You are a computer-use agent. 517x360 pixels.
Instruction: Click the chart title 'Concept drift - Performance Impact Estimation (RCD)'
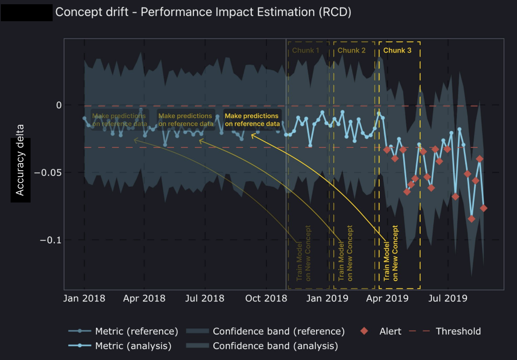click(203, 12)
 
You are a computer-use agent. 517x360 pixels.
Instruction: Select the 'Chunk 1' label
click(306, 50)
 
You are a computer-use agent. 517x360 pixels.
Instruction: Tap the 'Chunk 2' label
click(351, 50)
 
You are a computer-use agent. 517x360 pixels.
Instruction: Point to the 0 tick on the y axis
click(59, 105)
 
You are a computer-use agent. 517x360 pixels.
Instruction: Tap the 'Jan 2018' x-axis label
click(84, 298)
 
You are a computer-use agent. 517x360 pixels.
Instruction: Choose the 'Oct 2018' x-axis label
click(266, 298)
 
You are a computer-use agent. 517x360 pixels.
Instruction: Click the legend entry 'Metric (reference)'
click(136, 331)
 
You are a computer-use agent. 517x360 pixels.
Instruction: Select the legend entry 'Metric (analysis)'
click(133, 346)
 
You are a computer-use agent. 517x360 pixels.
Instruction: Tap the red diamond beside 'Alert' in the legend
click(364, 331)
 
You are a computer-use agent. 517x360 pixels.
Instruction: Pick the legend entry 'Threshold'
click(458, 331)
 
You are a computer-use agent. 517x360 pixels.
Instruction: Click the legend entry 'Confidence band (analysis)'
click(275, 346)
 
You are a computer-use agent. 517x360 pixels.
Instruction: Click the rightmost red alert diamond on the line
click(483, 208)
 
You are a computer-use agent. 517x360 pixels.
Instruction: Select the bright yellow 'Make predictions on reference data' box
click(252, 120)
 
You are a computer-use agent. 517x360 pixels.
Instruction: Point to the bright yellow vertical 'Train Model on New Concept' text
click(391, 253)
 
